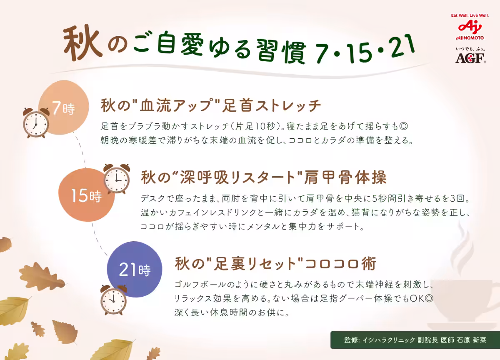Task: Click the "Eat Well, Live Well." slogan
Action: [470, 15]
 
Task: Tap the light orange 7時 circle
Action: [63, 107]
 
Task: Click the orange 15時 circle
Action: [86, 195]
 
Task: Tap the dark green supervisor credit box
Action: [415, 340]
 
